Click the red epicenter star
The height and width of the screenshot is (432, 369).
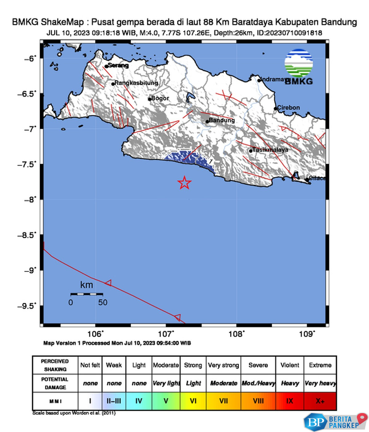point(184,183)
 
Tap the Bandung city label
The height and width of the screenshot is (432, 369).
point(221,120)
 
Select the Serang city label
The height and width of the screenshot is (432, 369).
point(118,65)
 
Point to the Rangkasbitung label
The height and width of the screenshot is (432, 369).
point(136,83)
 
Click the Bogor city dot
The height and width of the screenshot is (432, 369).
point(150,99)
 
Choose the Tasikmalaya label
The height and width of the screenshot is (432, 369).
point(270,150)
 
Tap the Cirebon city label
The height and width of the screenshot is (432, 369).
point(288,108)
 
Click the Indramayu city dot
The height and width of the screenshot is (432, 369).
point(259,81)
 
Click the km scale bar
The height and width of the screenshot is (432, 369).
point(86,294)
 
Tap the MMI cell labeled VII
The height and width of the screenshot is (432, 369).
point(224,401)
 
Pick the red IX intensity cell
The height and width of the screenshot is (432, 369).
point(290,401)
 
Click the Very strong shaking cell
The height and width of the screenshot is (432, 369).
point(224,365)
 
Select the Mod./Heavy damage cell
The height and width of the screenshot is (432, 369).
point(258,383)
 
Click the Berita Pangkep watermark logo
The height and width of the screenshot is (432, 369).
point(335,422)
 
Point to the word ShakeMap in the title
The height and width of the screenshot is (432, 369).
point(62,22)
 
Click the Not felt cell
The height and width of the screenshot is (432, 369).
point(90,365)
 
